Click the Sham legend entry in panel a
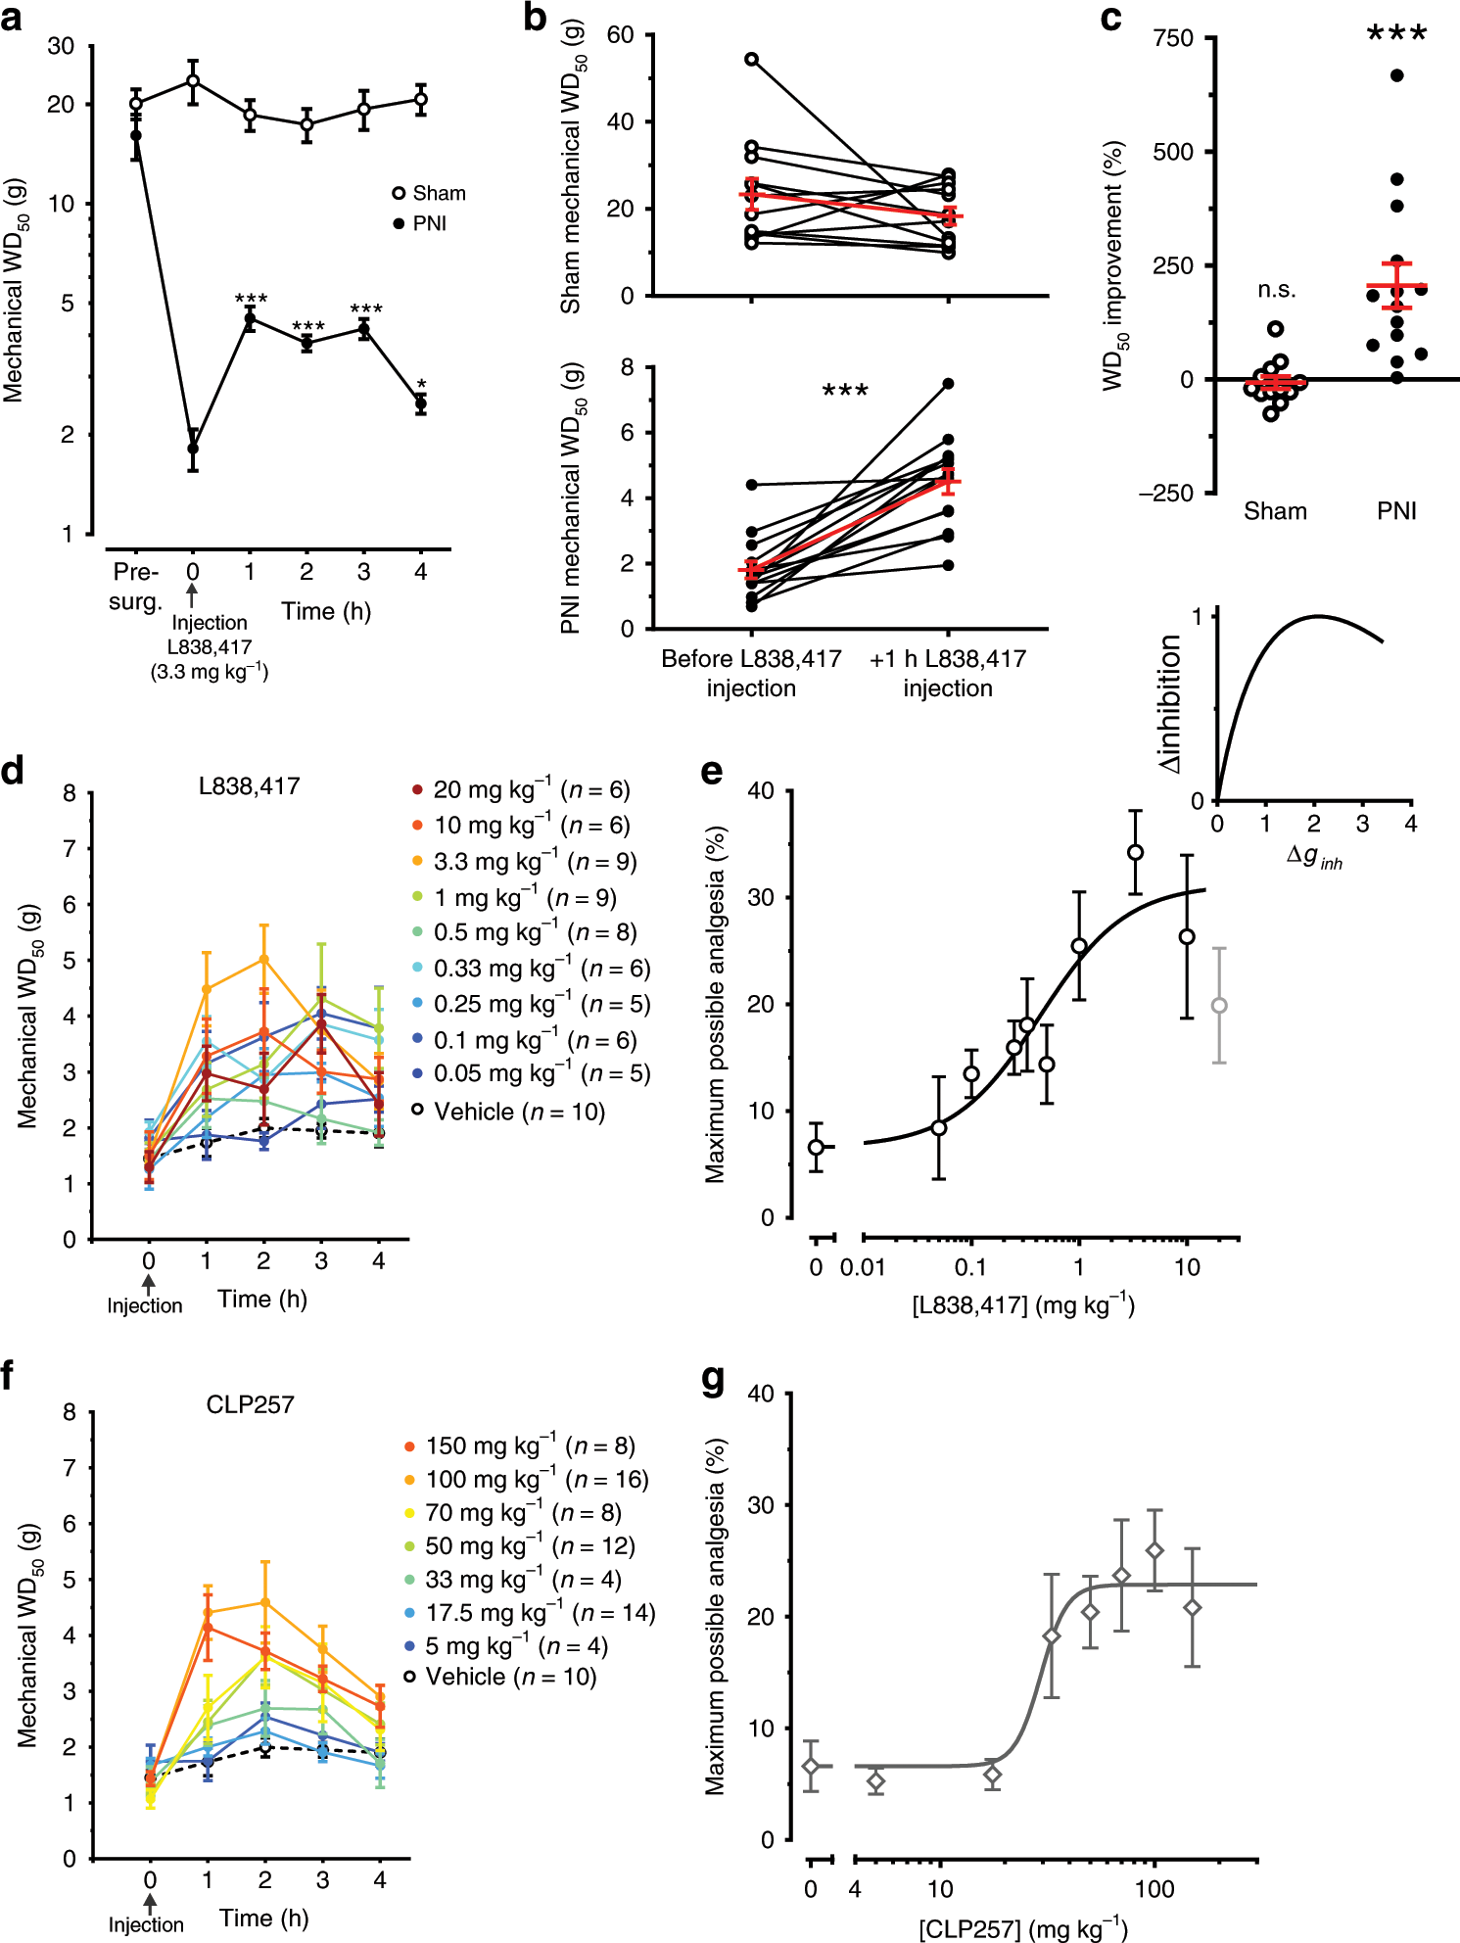pyautogui.click(x=429, y=193)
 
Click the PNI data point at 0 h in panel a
pyautogui.click(x=193, y=449)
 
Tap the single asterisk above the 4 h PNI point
pyautogui.click(x=421, y=385)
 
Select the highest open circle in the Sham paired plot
pyautogui.click(x=752, y=60)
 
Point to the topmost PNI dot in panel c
pyautogui.click(x=1396, y=75)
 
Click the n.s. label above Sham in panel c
pyautogui.click(x=1277, y=291)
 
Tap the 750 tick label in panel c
pyautogui.click(x=1173, y=39)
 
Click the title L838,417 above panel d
pyautogui.click(x=249, y=786)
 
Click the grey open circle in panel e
pyautogui.click(x=1219, y=1006)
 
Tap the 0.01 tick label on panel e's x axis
pyautogui.click(x=862, y=1267)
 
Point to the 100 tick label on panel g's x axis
pyautogui.click(x=1154, y=1888)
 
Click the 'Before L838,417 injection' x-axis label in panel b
pyautogui.click(x=751, y=673)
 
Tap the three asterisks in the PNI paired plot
pyautogui.click(x=845, y=392)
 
